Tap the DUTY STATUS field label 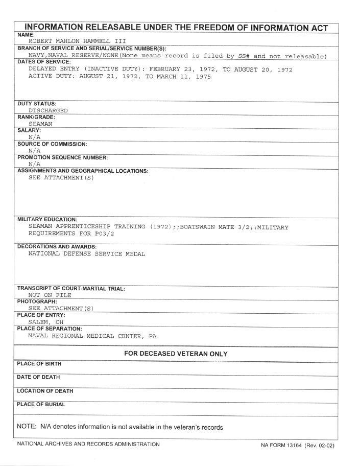[37, 103]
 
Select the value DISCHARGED [49, 110]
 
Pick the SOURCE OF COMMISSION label [52, 144]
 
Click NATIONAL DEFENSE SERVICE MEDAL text [87, 253]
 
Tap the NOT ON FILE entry [50, 295]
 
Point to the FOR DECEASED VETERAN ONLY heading [176, 354]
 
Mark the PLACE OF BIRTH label [39, 364]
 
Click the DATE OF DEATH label [38, 377]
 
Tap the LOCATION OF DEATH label [45, 391]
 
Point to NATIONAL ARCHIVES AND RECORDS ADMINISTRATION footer [88, 444]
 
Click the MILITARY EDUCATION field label [47, 219]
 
